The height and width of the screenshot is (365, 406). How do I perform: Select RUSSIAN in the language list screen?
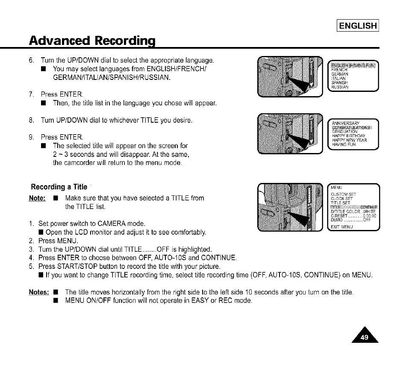point(340,88)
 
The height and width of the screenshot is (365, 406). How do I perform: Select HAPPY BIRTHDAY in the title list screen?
point(347,136)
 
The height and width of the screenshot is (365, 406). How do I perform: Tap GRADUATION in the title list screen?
point(344,132)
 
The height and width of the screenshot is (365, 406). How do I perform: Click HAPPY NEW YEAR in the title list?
point(349,140)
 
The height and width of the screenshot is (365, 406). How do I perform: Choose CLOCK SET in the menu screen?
point(342,199)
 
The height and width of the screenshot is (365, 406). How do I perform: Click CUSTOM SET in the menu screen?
point(343,195)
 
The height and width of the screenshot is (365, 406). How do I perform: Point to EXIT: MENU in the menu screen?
point(342,226)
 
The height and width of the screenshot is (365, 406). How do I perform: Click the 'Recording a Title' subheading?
point(59,187)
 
